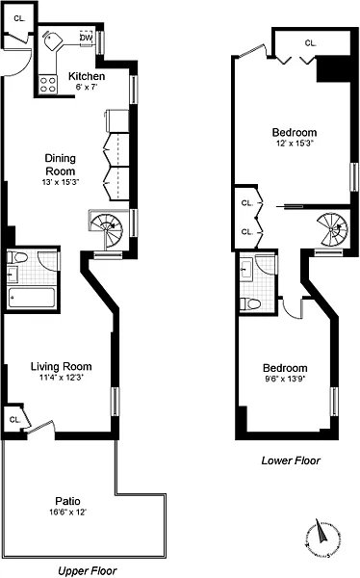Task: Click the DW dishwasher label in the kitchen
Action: (86, 38)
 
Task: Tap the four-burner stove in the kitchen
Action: (48, 85)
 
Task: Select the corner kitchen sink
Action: (52, 40)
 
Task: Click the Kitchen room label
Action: (87, 76)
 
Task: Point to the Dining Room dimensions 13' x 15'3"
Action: (61, 182)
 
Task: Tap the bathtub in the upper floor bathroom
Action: (32, 298)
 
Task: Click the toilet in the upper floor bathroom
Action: (17, 257)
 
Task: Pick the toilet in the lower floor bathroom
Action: (250, 303)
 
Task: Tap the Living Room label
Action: (62, 366)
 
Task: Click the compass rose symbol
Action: (321, 538)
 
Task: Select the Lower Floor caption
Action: (291, 460)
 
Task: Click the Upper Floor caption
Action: (88, 571)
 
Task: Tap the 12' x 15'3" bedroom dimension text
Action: (295, 144)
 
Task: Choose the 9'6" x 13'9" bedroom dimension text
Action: (285, 379)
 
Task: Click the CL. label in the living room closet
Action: (15, 419)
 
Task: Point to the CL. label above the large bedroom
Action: (311, 43)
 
